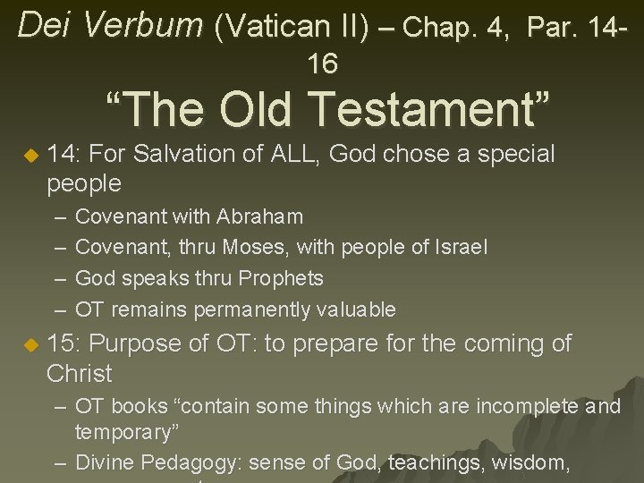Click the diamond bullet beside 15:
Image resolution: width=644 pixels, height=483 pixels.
point(30,344)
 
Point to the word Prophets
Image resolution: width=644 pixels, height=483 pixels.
point(281,279)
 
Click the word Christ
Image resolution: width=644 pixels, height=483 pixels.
point(80,373)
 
